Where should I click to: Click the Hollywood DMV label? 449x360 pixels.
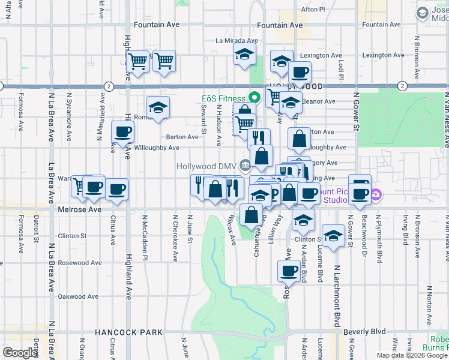[207, 166]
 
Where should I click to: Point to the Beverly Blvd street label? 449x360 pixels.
[364, 332]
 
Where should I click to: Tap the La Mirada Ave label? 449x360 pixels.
[237, 41]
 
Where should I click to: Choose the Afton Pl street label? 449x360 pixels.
[313, 10]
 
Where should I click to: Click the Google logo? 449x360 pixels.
[20, 353]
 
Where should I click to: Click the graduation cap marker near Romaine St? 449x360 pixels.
[158, 107]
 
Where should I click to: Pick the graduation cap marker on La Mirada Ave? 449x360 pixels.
[245, 55]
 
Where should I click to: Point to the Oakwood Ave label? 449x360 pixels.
[78, 296]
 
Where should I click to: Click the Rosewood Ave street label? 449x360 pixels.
[79, 263]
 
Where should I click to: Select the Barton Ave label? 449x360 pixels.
[182, 137]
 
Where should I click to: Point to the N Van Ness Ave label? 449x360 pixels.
[446, 120]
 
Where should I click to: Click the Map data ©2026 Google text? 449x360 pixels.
[411, 355]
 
